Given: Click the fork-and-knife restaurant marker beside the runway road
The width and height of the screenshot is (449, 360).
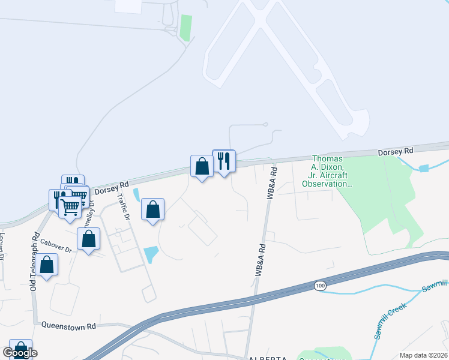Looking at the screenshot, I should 224,161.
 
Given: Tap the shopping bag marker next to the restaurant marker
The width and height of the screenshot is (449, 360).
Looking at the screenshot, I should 202,166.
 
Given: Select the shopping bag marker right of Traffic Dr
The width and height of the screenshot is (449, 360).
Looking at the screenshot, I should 153,210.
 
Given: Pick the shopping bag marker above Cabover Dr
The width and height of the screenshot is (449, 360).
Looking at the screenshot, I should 89,239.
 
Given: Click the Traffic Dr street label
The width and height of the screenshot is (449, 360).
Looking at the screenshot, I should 124,207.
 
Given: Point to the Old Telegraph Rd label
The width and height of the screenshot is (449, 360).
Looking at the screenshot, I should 35,262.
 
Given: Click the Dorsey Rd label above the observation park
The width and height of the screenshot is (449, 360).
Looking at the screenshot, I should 396,152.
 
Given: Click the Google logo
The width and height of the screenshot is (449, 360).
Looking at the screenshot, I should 19,353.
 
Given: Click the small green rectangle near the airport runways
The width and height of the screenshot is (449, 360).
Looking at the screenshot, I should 186,28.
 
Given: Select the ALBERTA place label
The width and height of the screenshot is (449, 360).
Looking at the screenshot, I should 265,358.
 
